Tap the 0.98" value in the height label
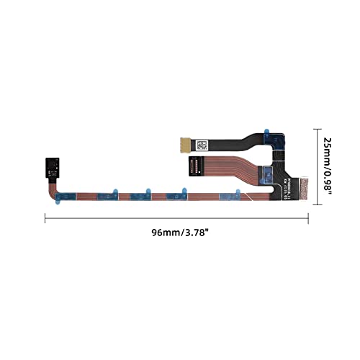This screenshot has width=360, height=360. (329, 186)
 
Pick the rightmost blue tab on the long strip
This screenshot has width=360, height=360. (238, 193)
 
